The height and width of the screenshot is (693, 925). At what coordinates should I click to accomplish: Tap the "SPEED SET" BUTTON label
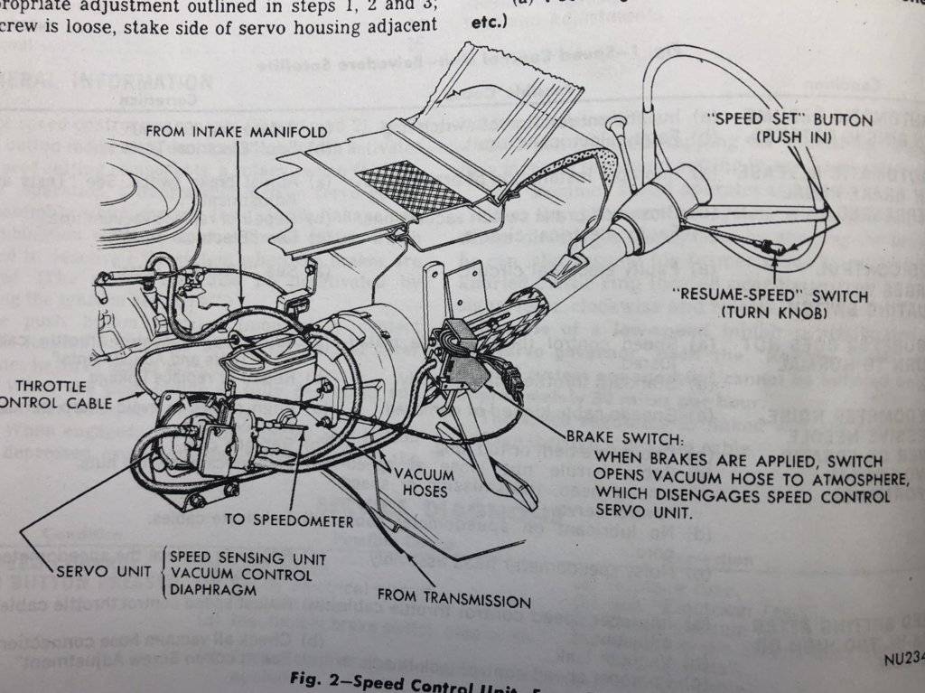pos(792,120)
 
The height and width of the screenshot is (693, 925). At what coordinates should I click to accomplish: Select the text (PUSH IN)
pos(791,137)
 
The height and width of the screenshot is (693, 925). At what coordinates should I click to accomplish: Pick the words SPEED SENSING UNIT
pos(248,558)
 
